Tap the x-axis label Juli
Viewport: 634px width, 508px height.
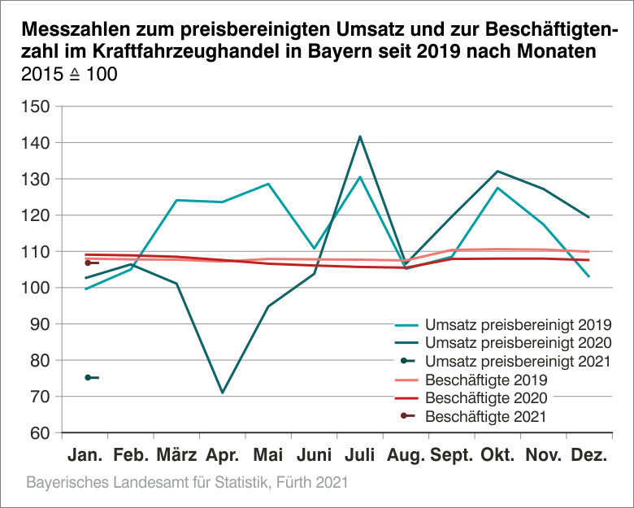click(x=360, y=454)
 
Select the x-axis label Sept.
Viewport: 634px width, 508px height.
click(x=453, y=454)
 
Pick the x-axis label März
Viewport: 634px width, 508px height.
click(x=176, y=454)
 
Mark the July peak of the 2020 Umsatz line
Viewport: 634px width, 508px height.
click(x=359, y=137)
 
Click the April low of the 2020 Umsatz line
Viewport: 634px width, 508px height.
click(x=222, y=393)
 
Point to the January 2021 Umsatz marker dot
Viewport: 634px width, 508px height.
click(x=87, y=377)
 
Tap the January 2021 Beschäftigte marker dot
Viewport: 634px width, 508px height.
click(x=87, y=263)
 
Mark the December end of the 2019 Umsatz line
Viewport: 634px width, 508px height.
click(x=588, y=276)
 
